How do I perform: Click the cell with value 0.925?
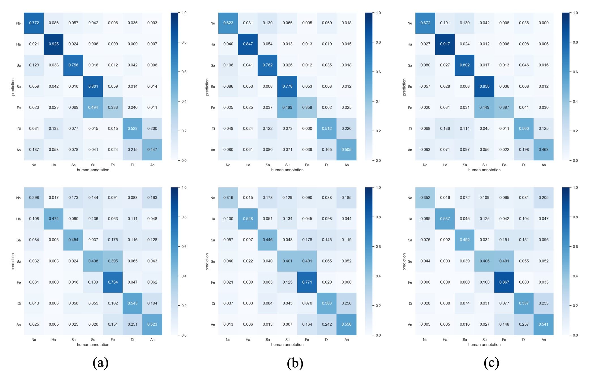point(54,44)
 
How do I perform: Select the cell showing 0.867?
point(504,282)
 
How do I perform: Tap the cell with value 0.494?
point(93,107)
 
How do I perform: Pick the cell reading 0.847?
point(248,44)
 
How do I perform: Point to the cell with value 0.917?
point(445,44)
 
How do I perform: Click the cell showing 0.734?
point(113,282)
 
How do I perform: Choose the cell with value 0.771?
point(307,282)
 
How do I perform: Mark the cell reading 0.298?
point(34,198)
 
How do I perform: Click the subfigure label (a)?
point(101,363)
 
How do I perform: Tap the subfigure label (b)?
point(295,363)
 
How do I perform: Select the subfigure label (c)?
point(491,363)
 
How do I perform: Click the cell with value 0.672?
point(425,23)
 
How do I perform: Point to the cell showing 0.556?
point(346,324)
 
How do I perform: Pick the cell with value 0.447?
point(152,150)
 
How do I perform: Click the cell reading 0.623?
point(228,23)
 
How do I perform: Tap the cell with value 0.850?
point(484,86)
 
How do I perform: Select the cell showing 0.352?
point(425,198)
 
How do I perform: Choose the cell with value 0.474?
point(54,219)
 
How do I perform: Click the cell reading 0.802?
point(464,65)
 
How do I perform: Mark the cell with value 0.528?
point(248,219)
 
